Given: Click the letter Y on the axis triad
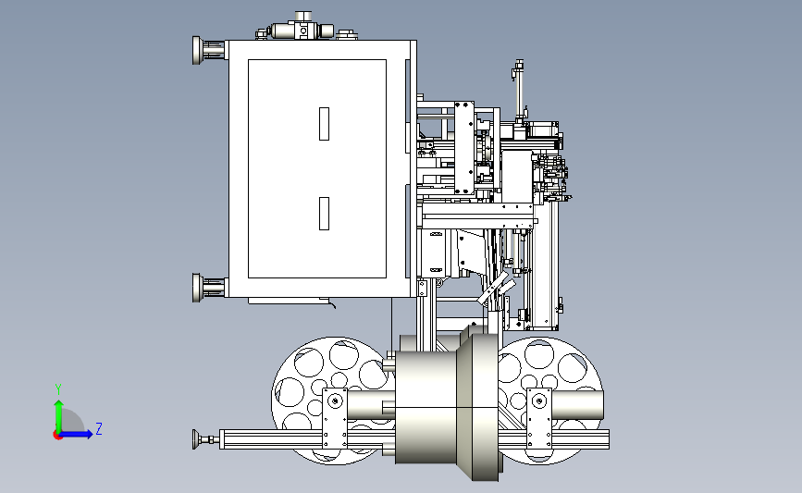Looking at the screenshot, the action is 57,389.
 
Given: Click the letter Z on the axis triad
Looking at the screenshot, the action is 98,429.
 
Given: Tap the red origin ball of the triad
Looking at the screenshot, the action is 58,435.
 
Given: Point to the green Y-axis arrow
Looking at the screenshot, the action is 58,414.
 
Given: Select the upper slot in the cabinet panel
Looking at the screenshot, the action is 325,124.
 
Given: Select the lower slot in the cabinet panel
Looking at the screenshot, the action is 325,213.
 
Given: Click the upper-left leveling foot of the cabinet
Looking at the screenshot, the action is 198,50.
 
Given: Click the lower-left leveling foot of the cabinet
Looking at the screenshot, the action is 198,288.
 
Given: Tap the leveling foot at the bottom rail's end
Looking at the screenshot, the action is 198,438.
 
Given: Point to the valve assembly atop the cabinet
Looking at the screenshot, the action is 301,29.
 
